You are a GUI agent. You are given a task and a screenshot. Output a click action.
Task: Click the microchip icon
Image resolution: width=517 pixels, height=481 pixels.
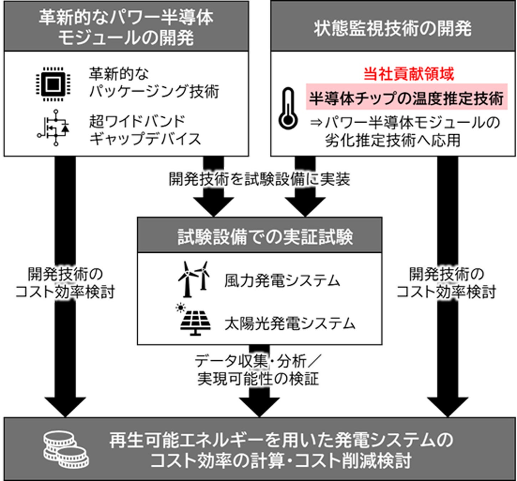tap(53, 84)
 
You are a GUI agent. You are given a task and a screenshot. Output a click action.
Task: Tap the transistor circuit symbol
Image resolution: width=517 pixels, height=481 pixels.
tap(53, 128)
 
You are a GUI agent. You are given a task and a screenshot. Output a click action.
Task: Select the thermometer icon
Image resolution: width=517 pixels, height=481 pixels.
tap(288, 108)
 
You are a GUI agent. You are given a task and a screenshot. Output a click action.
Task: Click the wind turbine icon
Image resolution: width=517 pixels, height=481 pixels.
tap(194, 279)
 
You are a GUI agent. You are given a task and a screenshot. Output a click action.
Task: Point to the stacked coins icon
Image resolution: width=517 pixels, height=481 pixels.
tap(66, 450)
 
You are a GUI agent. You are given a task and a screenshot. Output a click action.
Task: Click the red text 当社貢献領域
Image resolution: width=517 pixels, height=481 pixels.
tap(409, 74)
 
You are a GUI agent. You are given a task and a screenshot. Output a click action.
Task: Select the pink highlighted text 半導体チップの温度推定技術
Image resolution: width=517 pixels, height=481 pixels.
tap(406, 99)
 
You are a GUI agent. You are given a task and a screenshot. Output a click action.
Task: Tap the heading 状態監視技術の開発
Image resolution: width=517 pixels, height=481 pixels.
tap(393, 29)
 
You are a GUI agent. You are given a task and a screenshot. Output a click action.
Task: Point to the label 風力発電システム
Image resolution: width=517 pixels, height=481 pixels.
tap(282, 281)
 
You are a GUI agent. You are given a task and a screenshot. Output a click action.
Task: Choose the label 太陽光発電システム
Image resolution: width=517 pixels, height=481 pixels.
tap(290, 324)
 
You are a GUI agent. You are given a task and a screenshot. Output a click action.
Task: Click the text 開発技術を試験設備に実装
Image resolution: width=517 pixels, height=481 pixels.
tap(259, 179)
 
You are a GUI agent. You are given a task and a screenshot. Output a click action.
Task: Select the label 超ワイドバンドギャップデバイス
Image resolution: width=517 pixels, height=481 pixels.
tap(145, 130)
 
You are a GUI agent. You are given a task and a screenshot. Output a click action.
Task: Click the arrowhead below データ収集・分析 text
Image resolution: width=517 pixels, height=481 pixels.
tap(259, 407)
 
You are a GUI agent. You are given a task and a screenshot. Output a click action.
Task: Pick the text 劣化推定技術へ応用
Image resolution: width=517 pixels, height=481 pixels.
tap(393, 140)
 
